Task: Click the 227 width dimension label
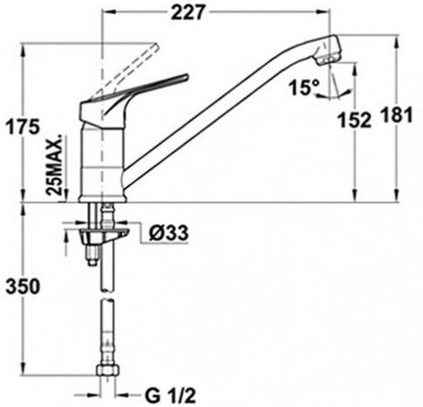(x=187, y=12)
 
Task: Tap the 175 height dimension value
(x=23, y=127)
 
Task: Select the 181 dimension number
(x=398, y=115)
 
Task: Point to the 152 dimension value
(x=354, y=120)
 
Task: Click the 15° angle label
(x=304, y=88)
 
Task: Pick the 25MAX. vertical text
(x=55, y=165)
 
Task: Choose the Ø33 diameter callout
(x=169, y=234)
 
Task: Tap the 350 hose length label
(x=23, y=286)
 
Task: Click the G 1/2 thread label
(x=170, y=396)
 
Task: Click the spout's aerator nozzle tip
(x=329, y=60)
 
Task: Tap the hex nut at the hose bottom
(x=107, y=370)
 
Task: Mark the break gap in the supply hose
(x=107, y=295)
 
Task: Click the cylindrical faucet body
(x=102, y=162)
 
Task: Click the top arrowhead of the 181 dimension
(x=397, y=42)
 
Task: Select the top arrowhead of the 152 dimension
(x=355, y=69)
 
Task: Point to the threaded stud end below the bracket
(x=93, y=256)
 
